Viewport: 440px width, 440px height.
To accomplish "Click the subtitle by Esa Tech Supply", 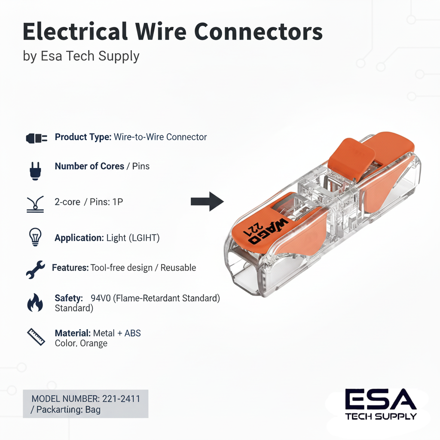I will pos(81,56).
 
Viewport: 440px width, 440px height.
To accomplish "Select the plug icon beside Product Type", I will pos(37,138).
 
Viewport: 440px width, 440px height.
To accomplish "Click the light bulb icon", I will pos(34,237).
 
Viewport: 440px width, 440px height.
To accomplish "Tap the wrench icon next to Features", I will pos(35,269).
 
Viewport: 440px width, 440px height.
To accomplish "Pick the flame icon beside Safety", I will pos(35,302).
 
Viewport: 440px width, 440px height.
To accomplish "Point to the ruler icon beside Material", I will pos(36,337).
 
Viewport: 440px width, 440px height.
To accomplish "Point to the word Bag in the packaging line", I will pos(93,409).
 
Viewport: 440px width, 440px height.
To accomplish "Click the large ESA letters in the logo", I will pos(381,400).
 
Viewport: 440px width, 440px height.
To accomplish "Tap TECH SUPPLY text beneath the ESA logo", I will pos(381,416).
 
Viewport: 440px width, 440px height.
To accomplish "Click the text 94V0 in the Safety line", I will pos(101,298).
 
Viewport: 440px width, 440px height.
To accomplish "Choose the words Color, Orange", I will pos(81,343).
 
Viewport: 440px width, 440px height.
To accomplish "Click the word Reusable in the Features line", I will pos(178,268).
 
